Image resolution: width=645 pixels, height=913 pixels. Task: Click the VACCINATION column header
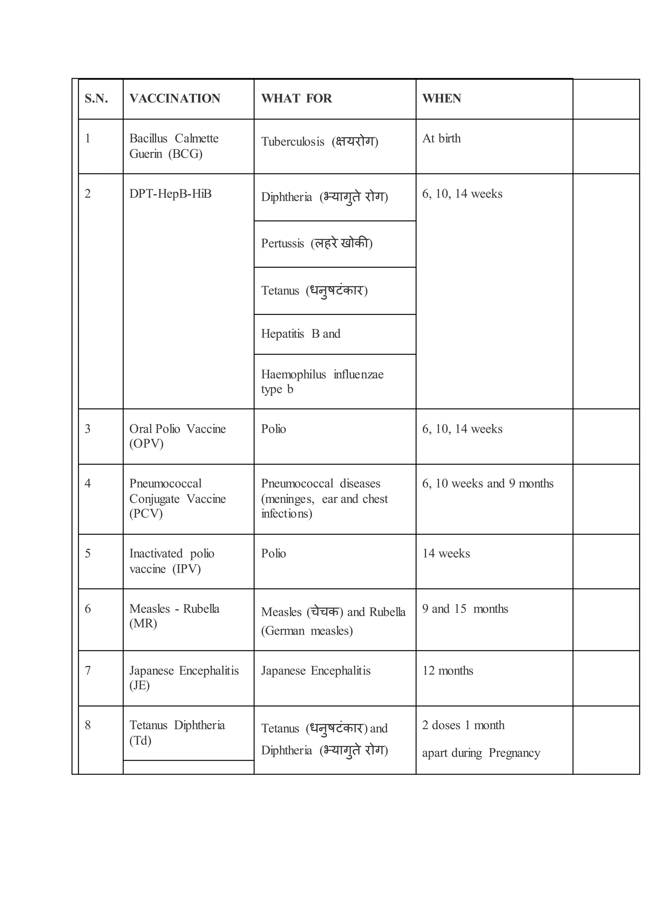[x=175, y=99]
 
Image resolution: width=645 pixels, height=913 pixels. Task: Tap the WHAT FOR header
[x=296, y=99]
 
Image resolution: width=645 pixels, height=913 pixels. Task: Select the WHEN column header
[x=442, y=99]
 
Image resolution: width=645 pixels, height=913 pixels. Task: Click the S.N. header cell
[x=96, y=99]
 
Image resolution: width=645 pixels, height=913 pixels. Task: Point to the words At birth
[x=442, y=138]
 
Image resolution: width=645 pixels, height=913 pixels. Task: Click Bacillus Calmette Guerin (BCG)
[x=174, y=146]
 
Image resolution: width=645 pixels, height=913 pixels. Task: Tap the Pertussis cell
[x=317, y=243]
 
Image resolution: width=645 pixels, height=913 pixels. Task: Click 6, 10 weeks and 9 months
[x=488, y=484]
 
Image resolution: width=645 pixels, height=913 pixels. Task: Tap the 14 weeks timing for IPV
[x=446, y=554]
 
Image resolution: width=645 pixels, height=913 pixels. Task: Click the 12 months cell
[x=448, y=671]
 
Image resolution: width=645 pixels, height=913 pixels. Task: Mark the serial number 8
[x=88, y=725]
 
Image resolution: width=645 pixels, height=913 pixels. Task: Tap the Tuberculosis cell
[x=319, y=142]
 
